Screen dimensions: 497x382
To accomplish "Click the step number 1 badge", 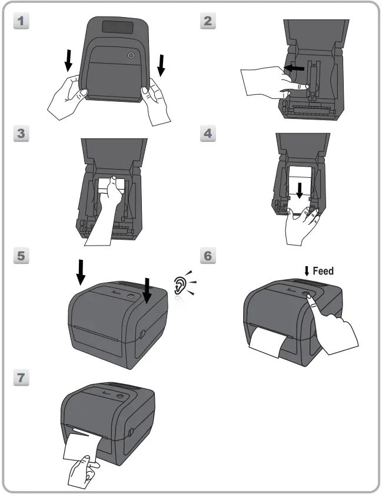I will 21,22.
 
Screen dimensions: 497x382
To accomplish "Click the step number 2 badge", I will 208,22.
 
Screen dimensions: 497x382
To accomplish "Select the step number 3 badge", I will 21,134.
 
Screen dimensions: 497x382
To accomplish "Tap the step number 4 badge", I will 208,134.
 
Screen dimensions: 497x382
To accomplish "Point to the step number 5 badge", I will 21,256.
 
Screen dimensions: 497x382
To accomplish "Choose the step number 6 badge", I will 208,256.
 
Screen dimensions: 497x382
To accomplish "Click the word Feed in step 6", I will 323,271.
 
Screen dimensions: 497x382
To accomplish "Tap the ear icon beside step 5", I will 181,284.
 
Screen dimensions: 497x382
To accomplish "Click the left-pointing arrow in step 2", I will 294,68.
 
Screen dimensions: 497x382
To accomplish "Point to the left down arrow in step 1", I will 69,59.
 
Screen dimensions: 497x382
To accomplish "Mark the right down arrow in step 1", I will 162,65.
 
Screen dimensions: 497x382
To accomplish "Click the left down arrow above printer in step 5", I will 81,271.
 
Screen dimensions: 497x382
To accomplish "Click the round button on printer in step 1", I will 131,55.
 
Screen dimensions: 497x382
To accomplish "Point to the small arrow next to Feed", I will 307,271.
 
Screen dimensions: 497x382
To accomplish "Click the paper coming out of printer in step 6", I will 268,345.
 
